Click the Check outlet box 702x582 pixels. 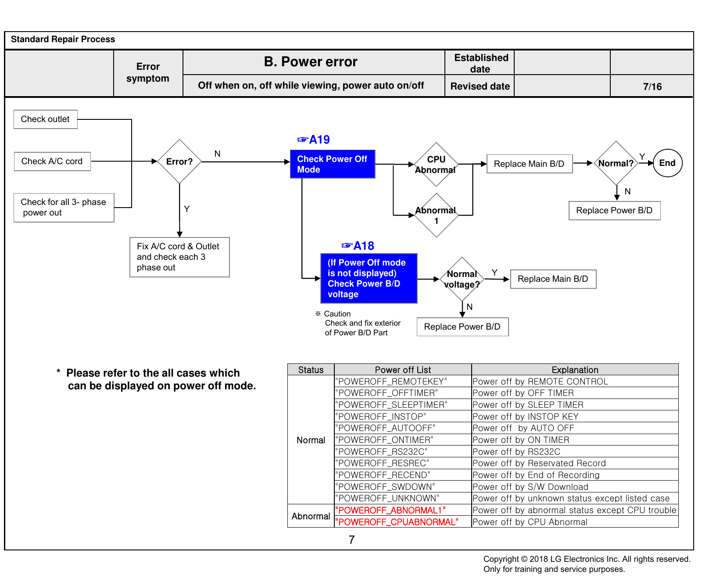click(46, 119)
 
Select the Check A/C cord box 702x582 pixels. click(52, 162)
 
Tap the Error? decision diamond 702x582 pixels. click(179, 162)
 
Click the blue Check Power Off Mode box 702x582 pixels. click(333, 164)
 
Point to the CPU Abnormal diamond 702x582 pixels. click(436, 165)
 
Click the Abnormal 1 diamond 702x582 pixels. click(436, 216)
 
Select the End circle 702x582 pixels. click(668, 163)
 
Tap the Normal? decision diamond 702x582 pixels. click(616, 163)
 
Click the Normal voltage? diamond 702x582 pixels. click(462, 279)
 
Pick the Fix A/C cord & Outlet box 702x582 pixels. click(179, 257)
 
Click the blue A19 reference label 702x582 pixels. click(314, 140)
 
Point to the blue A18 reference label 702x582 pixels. click(358, 246)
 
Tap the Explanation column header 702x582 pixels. click(575, 370)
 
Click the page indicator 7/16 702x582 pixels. click(652, 86)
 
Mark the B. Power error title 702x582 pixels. click(311, 62)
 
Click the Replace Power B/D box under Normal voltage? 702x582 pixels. click(462, 327)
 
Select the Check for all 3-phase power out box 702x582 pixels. click(64, 208)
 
